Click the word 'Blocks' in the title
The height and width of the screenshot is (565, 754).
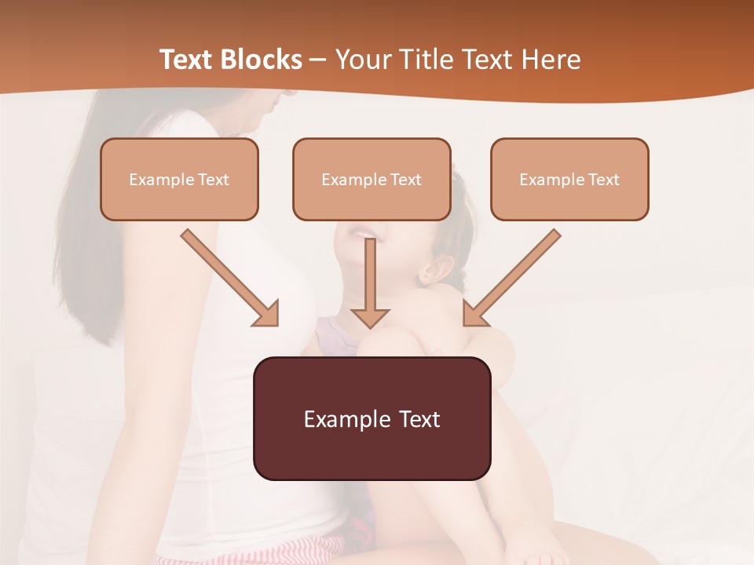click(x=263, y=60)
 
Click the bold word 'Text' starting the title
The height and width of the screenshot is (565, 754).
click(x=188, y=60)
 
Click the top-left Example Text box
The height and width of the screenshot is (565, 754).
click(x=179, y=179)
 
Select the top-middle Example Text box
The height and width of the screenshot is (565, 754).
click(x=372, y=179)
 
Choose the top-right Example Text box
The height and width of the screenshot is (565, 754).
click(x=569, y=179)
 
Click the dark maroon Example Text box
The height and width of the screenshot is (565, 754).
click(x=372, y=418)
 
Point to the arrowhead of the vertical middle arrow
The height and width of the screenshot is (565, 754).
click(x=370, y=317)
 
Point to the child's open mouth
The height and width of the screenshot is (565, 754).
click(x=356, y=232)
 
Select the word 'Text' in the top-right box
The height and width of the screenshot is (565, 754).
click(x=603, y=180)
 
